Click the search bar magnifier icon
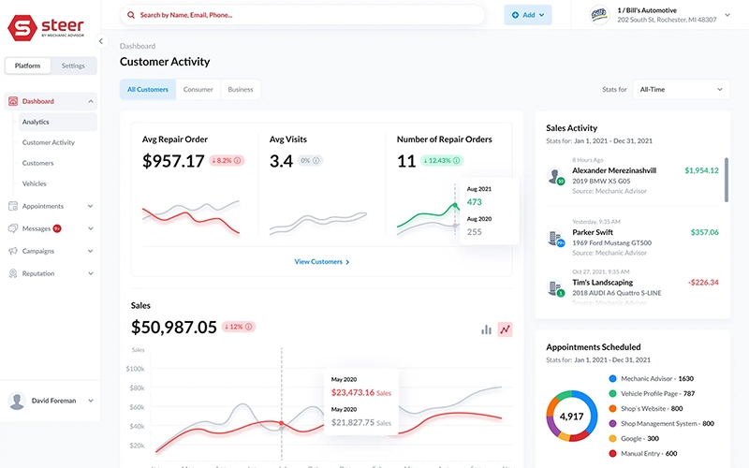(x=131, y=15)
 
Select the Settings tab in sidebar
(x=73, y=66)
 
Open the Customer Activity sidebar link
(x=49, y=142)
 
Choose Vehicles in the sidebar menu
(x=35, y=183)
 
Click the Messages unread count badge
(x=57, y=228)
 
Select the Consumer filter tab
(x=198, y=90)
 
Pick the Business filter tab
(x=241, y=90)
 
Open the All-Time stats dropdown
(x=681, y=90)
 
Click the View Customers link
(x=321, y=262)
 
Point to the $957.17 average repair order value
(x=173, y=161)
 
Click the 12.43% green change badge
(x=441, y=161)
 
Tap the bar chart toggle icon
(x=486, y=329)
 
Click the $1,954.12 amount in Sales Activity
(x=701, y=170)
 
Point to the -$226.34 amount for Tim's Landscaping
(x=701, y=282)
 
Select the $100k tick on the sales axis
(x=136, y=369)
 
